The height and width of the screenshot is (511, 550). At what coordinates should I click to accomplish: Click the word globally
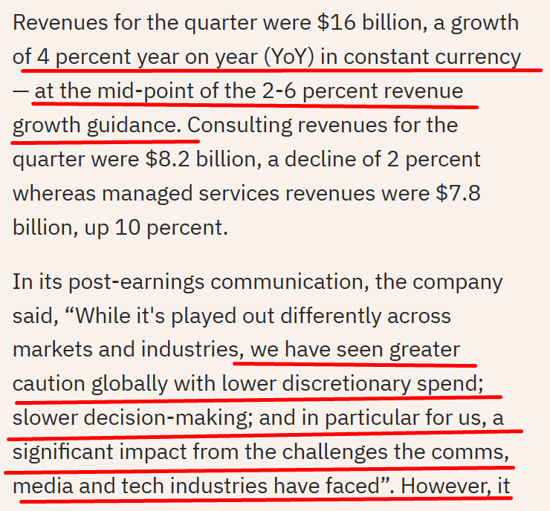click(x=129, y=385)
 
